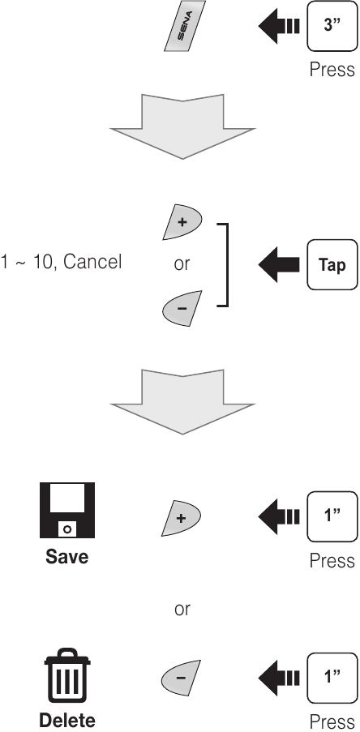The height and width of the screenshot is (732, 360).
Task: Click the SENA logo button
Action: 184,26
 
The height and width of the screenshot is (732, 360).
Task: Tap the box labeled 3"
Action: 332,26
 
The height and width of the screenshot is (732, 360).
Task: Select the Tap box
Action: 332,265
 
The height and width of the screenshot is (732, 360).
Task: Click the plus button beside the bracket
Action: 182,222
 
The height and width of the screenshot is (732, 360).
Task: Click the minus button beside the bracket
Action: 182,309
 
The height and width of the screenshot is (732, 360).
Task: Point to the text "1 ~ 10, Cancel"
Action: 61,262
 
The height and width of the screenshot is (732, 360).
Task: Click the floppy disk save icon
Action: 67,510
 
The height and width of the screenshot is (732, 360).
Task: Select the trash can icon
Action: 67,675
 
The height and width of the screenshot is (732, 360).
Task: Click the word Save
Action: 66,556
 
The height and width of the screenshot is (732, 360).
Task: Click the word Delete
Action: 67,721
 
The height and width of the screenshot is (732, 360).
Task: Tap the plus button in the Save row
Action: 181,518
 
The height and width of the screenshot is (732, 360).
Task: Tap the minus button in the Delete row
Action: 181,678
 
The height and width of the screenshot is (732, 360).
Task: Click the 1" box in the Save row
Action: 332,516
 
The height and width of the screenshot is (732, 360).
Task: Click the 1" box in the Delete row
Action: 332,678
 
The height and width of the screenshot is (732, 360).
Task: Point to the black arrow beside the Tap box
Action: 279,264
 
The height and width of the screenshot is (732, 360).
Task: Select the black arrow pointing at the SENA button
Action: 279,26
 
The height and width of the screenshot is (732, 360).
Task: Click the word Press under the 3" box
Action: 332,70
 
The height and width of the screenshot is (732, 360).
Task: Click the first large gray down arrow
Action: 182,126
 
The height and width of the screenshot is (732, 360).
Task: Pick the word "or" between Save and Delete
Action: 182,610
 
